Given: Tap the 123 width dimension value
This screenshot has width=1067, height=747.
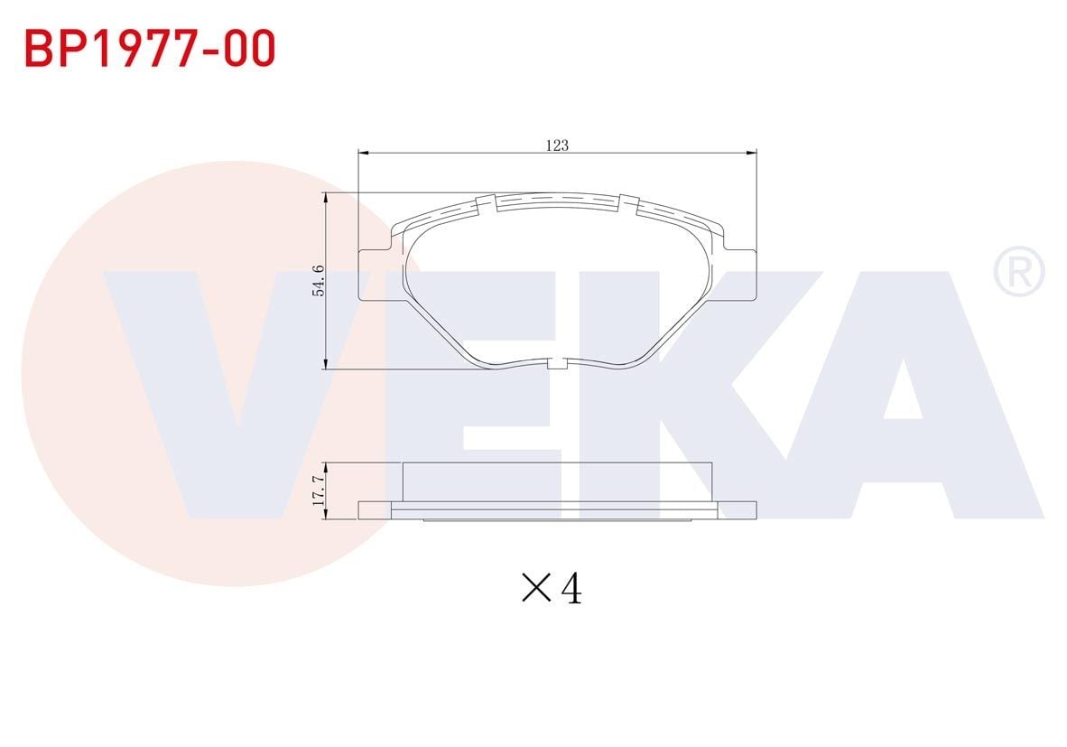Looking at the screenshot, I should [557, 145].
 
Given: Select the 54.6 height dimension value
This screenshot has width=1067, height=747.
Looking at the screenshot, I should [318, 281].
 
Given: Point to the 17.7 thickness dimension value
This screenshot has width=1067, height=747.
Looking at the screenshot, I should [318, 491].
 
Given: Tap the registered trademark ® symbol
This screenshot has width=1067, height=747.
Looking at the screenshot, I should [1018, 274].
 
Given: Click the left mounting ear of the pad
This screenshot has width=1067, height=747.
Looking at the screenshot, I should [373, 275].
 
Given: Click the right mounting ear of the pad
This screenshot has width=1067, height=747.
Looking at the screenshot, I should [741, 275].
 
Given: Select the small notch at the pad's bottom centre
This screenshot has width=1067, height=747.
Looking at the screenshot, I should [557, 364].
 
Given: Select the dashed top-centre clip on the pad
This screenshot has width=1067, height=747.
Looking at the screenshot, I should [557, 201].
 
